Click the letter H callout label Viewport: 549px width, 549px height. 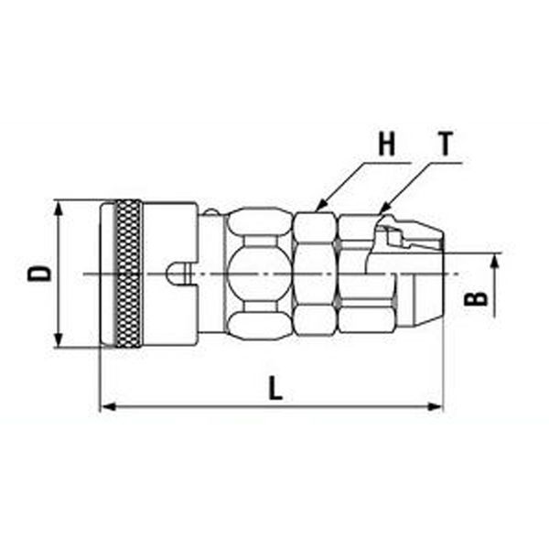(386, 144)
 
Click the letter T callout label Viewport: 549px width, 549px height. (446, 144)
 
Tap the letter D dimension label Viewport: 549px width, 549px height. (39, 274)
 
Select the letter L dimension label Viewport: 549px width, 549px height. (274, 388)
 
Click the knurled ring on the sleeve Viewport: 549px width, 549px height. (129, 274)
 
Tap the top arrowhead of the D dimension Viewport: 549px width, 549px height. (59, 209)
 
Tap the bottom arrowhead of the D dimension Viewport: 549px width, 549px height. (59, 339)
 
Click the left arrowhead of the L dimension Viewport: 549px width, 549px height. (109, 407)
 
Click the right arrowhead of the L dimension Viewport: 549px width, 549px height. (435, 407)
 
